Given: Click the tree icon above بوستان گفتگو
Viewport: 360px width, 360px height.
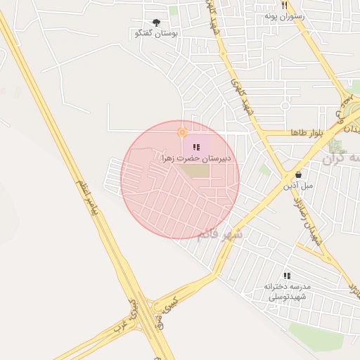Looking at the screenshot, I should (155, 23).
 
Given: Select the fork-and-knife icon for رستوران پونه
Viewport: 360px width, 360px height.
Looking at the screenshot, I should (284, 5).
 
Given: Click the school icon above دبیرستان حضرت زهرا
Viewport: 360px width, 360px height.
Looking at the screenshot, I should (195, 146).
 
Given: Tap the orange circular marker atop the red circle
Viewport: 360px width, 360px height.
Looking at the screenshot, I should (182, 131).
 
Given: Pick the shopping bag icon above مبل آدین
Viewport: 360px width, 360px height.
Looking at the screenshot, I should (299, 175).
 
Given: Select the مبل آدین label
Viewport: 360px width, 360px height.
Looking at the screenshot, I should (298, 186).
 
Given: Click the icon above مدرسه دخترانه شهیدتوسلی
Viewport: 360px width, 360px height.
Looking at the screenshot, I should (286, 276).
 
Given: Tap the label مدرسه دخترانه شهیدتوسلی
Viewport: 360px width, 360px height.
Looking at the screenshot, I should (286, 292).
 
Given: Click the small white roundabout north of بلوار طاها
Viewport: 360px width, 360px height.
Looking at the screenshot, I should (285, 106).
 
